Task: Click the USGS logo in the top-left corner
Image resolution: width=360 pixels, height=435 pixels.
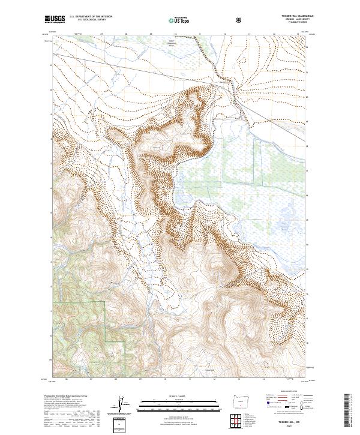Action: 55,19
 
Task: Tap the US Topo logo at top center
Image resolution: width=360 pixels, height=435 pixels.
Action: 179,19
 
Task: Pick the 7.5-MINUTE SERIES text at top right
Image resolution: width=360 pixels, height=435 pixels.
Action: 296,24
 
